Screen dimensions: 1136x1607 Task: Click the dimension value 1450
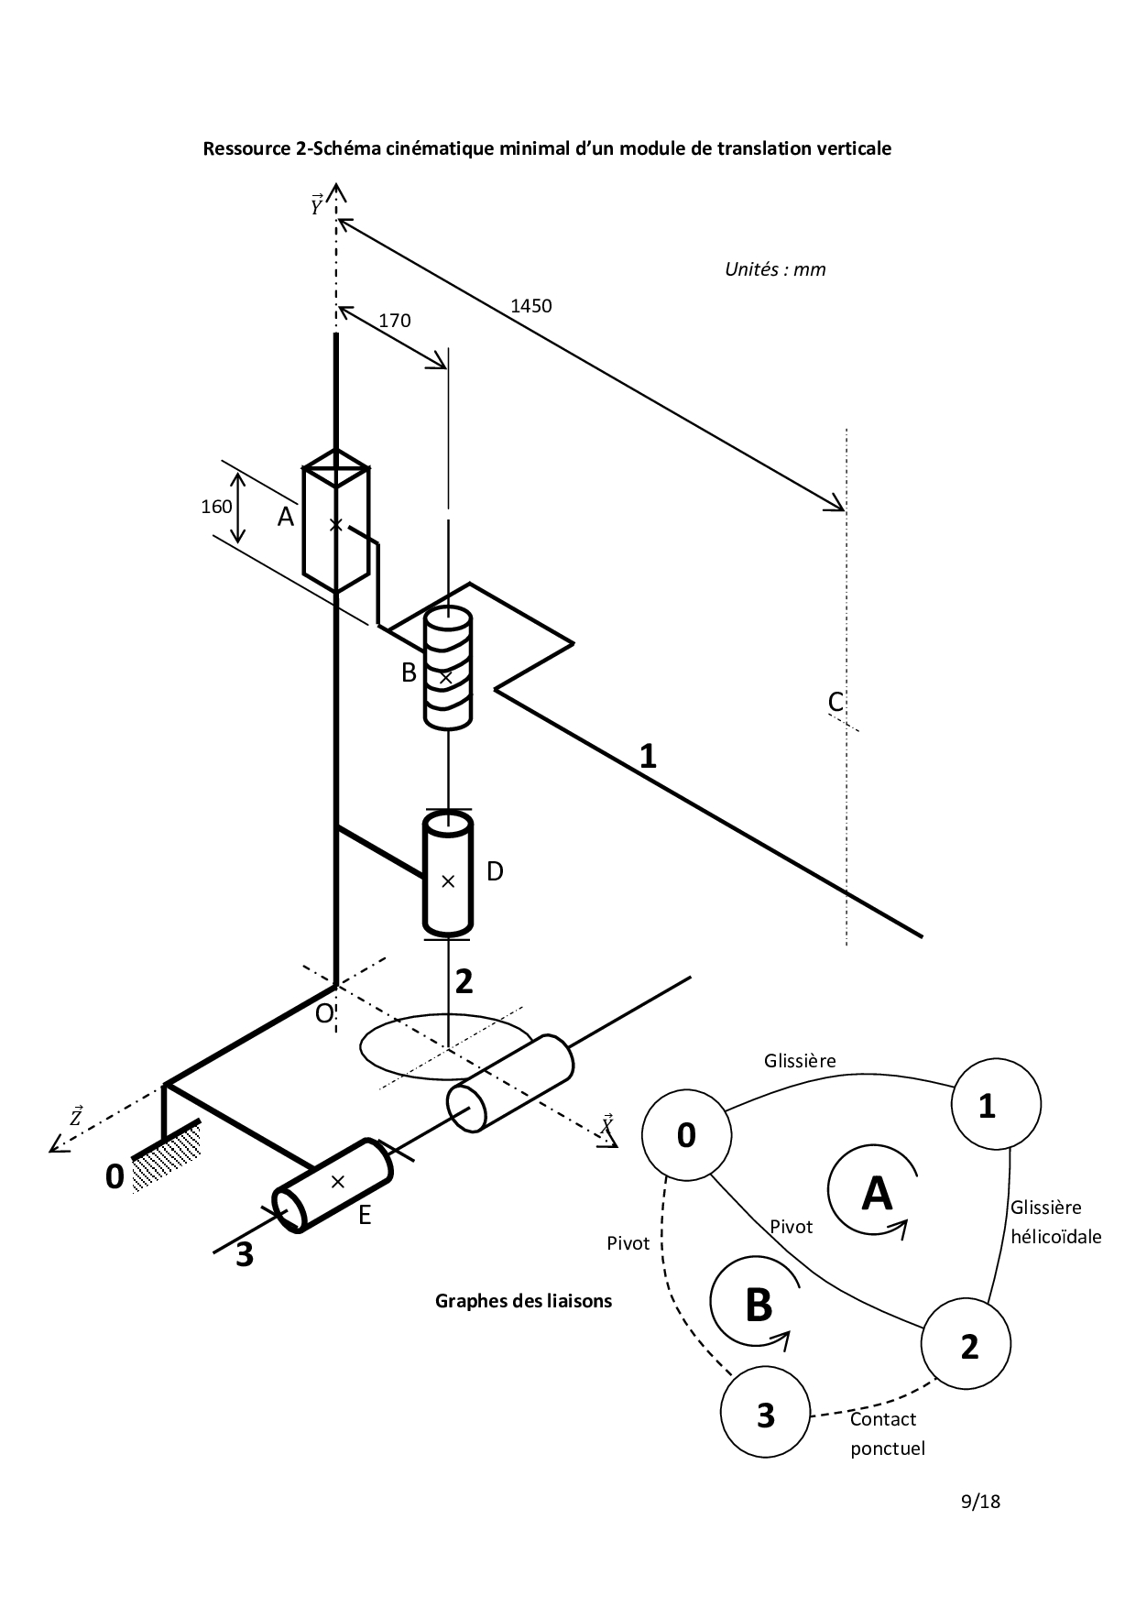531,306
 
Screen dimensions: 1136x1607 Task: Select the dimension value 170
395,321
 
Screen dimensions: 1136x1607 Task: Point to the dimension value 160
216,507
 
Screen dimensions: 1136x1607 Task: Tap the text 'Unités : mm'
775,269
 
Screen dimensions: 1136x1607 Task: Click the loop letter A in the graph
877,1193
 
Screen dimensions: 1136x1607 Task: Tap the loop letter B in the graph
759,1306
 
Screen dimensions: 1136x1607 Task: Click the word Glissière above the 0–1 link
800,1061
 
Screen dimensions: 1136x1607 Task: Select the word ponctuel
888,1448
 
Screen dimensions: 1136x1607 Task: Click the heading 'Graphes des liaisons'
523,1300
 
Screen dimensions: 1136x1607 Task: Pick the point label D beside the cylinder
495,871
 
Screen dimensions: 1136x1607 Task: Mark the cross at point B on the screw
446,678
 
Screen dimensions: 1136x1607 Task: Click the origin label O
324,1012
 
